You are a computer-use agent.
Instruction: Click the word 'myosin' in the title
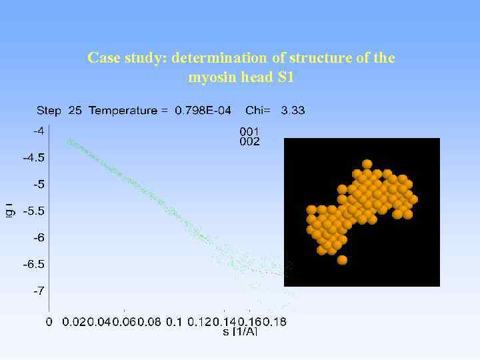click(210, 77)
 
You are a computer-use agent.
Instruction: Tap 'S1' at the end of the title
click(285, 77)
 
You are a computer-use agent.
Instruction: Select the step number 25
click(75, 111)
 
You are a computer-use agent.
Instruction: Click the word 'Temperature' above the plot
click(123, 111)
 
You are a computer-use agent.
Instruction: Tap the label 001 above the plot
click(249, 131)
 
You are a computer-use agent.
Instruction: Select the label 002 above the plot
click(249, 141)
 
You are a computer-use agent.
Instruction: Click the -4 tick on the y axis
click(39, 131)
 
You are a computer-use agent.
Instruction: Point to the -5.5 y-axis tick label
click(34, 211)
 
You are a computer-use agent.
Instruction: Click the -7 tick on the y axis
click(39, 291)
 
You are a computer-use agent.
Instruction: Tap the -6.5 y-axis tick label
click(34, 264)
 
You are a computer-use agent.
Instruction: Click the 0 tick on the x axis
click(49, 322)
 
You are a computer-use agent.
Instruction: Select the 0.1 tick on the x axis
click(173, 322)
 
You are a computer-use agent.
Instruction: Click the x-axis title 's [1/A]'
click(239, 332)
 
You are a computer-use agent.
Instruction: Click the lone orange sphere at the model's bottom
click(342, 260)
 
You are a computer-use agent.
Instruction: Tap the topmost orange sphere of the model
click(367, 164)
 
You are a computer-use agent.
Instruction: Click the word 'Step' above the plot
click(49, 111)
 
